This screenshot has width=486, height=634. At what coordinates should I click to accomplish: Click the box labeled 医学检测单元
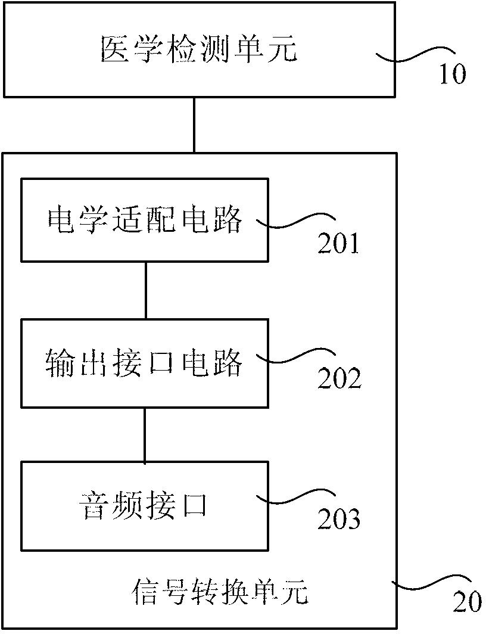coord(199,49)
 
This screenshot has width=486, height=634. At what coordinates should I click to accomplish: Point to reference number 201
coord(338,243)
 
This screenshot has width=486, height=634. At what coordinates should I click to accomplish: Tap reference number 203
coord(338,520)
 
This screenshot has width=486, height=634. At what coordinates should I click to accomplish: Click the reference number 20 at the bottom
coord(466,603)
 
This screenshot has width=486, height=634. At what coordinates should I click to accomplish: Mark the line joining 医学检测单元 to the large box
coord(194,125)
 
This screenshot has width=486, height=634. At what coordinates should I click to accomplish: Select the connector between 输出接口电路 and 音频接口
coord(145,434)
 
